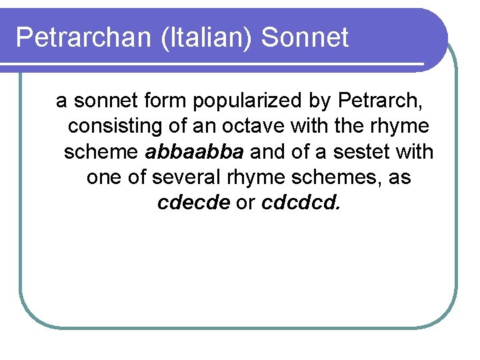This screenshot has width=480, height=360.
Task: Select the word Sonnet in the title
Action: tap(305, 38)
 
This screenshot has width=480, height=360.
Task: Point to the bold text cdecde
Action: tap(194, 203)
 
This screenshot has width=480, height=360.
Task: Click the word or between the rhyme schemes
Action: tap(245, 203)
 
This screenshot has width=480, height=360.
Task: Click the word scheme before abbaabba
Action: tap(101, 152)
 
